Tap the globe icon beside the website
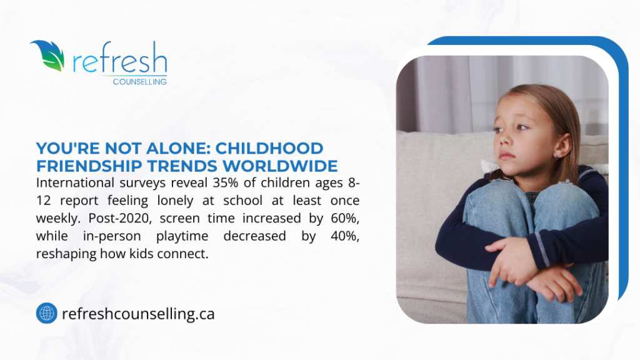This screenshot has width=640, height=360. pyautogui.click(x=46, y=313)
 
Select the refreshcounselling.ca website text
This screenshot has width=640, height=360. pyautogui.click(x=138, y=314)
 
